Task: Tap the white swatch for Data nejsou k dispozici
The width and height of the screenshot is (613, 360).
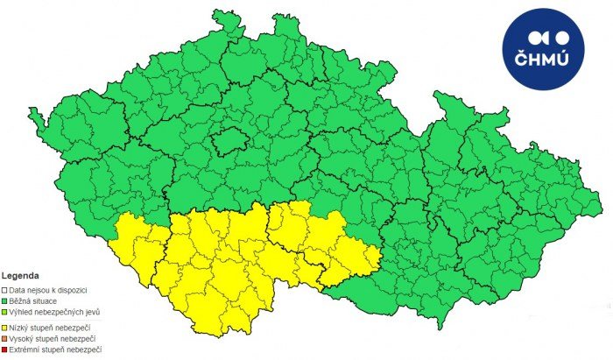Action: pos(4,289)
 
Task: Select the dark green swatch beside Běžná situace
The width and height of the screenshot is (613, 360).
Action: pos(4,300)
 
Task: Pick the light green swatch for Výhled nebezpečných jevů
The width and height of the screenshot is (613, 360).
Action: pos(4,312)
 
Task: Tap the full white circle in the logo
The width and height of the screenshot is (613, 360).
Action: pos(564,37)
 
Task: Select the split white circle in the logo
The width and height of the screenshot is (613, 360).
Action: pos(536,37)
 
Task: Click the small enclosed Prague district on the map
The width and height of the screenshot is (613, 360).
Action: pos(230,141)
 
